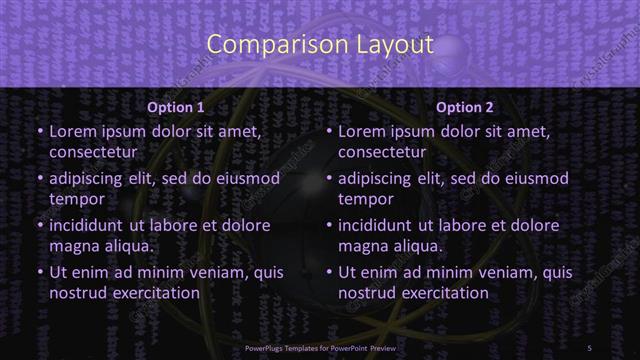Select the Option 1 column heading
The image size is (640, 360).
click(175, 106)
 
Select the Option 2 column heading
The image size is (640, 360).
click(465, 106)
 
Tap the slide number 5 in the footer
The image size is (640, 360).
click(590, 346)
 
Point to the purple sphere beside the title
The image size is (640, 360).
click(452, 51)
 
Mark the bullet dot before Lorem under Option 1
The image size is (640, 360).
click(40, 131)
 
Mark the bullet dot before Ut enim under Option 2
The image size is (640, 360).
click(330, 272)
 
